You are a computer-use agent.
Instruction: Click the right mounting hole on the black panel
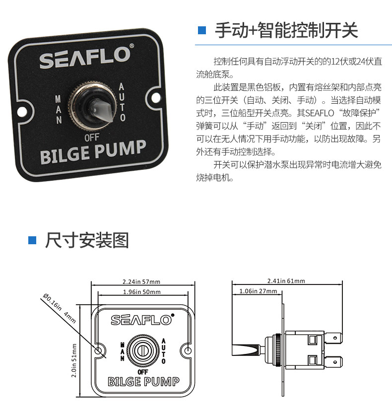click(x=156, y=98)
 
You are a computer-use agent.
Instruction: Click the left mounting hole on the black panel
click(x=22, y=112)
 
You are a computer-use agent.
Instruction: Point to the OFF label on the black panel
click(x=92, y=138)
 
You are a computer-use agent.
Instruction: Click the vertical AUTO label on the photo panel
click(x=122, y=102)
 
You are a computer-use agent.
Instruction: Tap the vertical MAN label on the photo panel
click(x=59, y=109)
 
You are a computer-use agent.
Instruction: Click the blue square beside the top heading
click(x=201, y=30)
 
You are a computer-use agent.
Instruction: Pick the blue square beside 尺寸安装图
click(x=32, y=240)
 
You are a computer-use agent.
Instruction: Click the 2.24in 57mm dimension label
click(x=141, y=282)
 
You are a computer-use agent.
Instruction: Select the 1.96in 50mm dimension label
click(x=141, y=292)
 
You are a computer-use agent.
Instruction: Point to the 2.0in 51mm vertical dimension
click(x=74, y=360)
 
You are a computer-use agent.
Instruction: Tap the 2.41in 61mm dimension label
click(x=286, y=281)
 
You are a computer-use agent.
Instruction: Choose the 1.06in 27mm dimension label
click(x=258, y=291)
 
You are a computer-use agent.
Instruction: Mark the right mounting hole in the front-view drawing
click(x=188, y=350)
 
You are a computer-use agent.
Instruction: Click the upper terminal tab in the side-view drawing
click(x=333, y=338)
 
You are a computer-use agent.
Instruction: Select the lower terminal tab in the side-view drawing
click(x=333, y=362)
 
